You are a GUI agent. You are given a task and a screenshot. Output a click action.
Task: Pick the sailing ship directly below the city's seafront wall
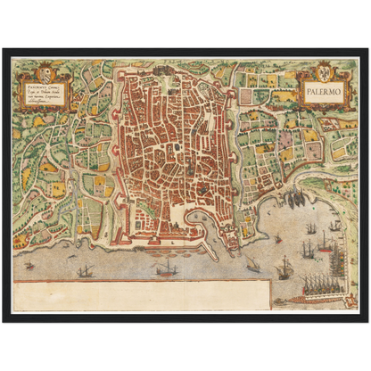(167, 268)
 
